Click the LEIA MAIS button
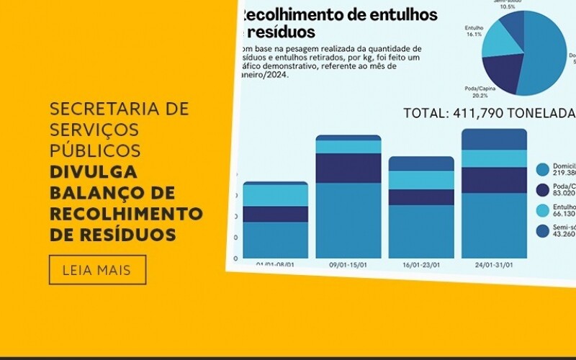tap(97, 270)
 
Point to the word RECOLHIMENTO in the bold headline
tap(126, 214)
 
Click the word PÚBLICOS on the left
tap(95, 151)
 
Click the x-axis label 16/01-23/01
tap(422, 264)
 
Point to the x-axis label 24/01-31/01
tap(495, 264)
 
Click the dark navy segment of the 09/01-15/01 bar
tap(348, 168)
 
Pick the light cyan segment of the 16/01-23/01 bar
tap(421, 180)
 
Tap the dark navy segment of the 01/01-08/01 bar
tap(276, 214)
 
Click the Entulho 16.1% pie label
tap(473, 30)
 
